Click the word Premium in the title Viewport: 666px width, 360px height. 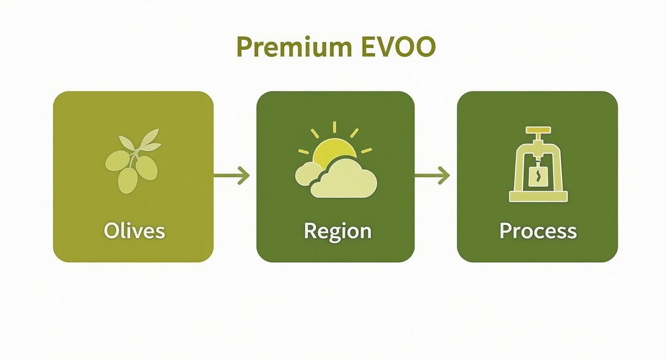(294, 47)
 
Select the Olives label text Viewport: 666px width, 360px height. (134, 231)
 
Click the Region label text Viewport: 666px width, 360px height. (338, 232)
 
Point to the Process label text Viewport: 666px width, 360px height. (538, 231)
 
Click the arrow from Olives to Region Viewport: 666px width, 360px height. (231, 176)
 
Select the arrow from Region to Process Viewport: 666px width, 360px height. (432, 176)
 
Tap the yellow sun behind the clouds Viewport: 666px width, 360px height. (334, 152)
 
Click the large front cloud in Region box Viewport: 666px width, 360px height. (344, 179)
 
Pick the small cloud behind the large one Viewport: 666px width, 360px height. (308, 174)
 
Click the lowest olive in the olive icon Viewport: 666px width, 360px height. (128, 180)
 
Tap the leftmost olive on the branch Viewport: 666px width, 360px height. (117, 161)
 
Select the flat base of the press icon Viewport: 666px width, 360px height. (538, 197)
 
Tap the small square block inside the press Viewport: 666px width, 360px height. (538, 177)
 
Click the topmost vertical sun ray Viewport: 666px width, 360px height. (334, 127)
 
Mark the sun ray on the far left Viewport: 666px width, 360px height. (304, 151)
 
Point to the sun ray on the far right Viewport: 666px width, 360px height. (366, 150)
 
